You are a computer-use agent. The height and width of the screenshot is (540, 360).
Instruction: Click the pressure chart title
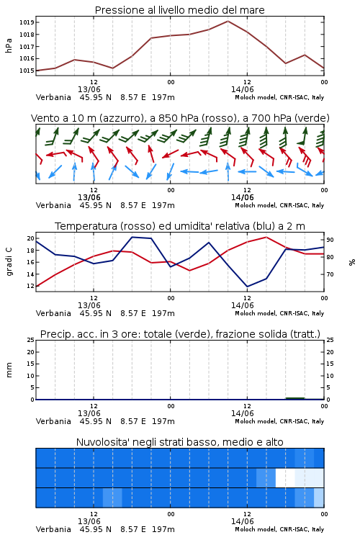tap(179, 10)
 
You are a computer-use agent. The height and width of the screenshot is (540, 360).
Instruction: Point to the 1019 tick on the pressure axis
tap(26, 23)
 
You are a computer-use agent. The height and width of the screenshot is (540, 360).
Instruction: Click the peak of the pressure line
tap(228, 21)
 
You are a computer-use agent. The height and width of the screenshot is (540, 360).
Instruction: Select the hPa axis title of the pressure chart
tap(9, 46)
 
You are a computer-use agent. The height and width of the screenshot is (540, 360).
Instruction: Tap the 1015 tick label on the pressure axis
tap(26, 71)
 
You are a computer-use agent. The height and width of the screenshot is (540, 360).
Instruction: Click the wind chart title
tap(180, 118)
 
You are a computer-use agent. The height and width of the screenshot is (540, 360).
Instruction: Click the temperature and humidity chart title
tap(180, 226)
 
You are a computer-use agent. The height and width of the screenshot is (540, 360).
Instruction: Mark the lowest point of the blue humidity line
tap(247, 287)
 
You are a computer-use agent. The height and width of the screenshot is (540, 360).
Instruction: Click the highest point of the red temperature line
tap(266, 237)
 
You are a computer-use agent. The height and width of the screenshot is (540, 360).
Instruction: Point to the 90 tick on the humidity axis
tap(330, 240)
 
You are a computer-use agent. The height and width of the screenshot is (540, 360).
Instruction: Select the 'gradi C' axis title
tap(9, 262)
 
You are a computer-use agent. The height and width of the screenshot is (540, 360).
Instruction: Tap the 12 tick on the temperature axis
tap(30, 286)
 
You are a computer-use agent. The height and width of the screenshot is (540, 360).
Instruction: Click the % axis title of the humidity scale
tap(352, 262)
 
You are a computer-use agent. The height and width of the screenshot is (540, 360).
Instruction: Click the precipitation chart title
tap(180, 334)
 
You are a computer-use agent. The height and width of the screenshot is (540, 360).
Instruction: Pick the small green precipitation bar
tap(295, 398)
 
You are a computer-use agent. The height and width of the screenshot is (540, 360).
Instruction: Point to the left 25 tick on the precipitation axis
tap(30, 340)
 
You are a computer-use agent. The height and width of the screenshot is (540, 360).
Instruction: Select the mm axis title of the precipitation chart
tap(9, 370)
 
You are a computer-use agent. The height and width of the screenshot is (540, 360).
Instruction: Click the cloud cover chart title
tap(179, 442)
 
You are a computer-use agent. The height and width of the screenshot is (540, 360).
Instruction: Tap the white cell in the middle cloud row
tap(285, 477)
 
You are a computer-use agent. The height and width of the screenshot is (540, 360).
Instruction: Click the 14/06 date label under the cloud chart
tap(242, 521)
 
